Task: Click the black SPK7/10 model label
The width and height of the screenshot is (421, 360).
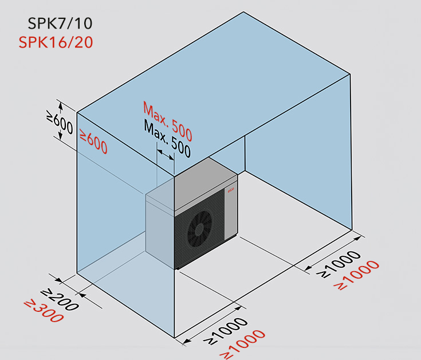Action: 60,24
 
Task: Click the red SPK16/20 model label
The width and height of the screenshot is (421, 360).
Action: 56,42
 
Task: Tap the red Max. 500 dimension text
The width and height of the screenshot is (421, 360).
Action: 167,121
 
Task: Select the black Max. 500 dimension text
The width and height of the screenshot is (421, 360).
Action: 167,138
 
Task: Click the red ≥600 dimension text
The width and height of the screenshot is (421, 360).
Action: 94,142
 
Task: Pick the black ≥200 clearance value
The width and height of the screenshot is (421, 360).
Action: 60,300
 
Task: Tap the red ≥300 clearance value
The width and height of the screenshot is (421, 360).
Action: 44,311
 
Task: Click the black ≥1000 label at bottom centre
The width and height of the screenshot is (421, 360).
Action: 225,331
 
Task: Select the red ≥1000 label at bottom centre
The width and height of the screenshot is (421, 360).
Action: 242,344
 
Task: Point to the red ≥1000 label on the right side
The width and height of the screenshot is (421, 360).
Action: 356,275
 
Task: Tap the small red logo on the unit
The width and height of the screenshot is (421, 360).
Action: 231,190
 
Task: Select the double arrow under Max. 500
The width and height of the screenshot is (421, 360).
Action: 166,155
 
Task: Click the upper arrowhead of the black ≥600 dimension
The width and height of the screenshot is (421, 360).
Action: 61,106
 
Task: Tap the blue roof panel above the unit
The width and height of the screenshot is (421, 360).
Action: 214,94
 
